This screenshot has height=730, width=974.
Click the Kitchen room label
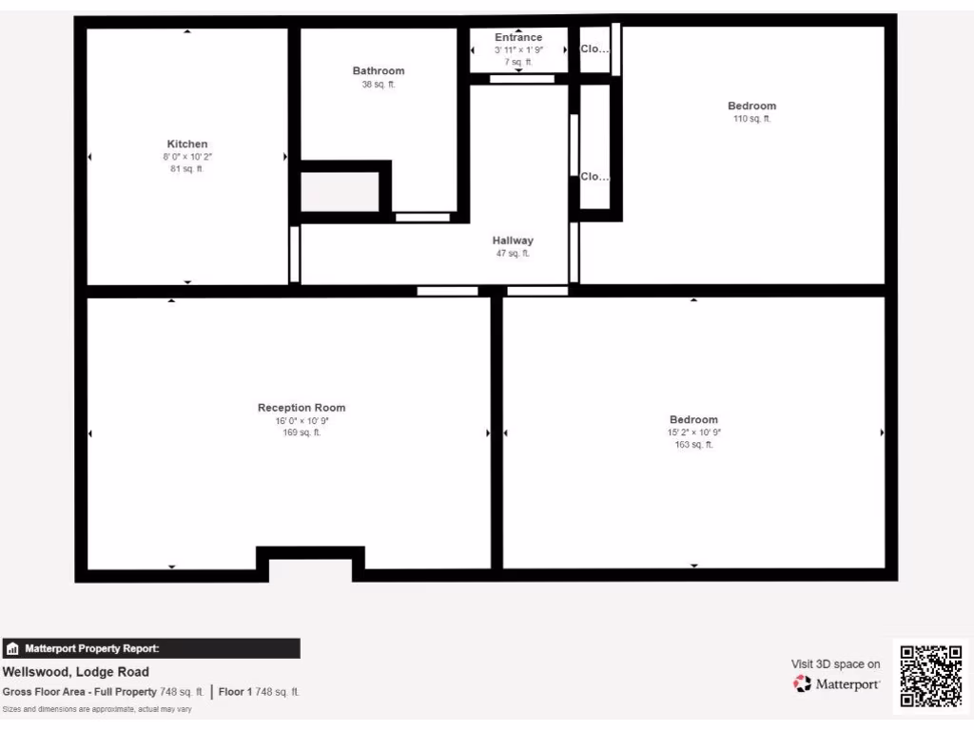(x=187, y=144)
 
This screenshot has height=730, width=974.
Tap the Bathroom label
(x=379, y=70)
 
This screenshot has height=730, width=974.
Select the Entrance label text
(x=518, y=37)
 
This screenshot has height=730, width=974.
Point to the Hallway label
(x=513, y=240)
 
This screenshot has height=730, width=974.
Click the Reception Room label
(x=302, y=408)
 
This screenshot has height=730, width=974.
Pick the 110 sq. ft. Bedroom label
(x=751, y=106)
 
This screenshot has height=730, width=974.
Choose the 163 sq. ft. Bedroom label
(x=693, y=419)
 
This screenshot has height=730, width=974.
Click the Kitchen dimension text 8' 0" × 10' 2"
(x=187, y=157)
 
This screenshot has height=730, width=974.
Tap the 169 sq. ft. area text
(x=302, y=432)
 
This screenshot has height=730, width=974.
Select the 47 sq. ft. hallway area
(x=513, y=254)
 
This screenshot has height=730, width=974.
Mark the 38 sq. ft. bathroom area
(x=379, y=84)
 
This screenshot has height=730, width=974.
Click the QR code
(x=931, y=676)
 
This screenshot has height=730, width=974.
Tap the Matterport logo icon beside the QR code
(x=803, y=683)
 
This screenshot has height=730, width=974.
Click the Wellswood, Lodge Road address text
(x=76, y=672)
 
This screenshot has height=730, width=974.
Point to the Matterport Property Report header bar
(x=151, y=648)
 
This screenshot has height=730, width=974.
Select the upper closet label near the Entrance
(x=594, y=49)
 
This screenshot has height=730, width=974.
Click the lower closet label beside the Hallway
(x=594, y=177)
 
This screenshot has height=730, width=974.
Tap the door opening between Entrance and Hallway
(x=522, y=79)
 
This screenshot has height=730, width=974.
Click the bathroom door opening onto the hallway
(x=422, y=218)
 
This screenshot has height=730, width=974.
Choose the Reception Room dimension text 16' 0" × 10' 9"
(x=302, y=420)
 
